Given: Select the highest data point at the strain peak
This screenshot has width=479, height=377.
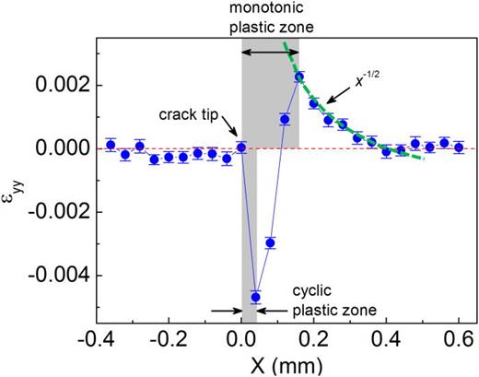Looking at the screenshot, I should click(298, 77).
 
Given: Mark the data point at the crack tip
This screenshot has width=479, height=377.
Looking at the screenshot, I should click(241, 147).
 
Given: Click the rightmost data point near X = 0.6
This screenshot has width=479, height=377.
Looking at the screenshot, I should click(459, 147).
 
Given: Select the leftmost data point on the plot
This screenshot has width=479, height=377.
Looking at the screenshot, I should click(111, 145).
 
